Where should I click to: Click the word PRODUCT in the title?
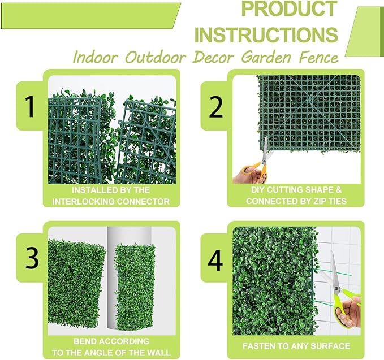pyautogui.click(x=288, y=10)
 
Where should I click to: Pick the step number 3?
pyautogui.click(x=32, y=258)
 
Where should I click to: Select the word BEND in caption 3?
pyautogui.click(x=87, y=341)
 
